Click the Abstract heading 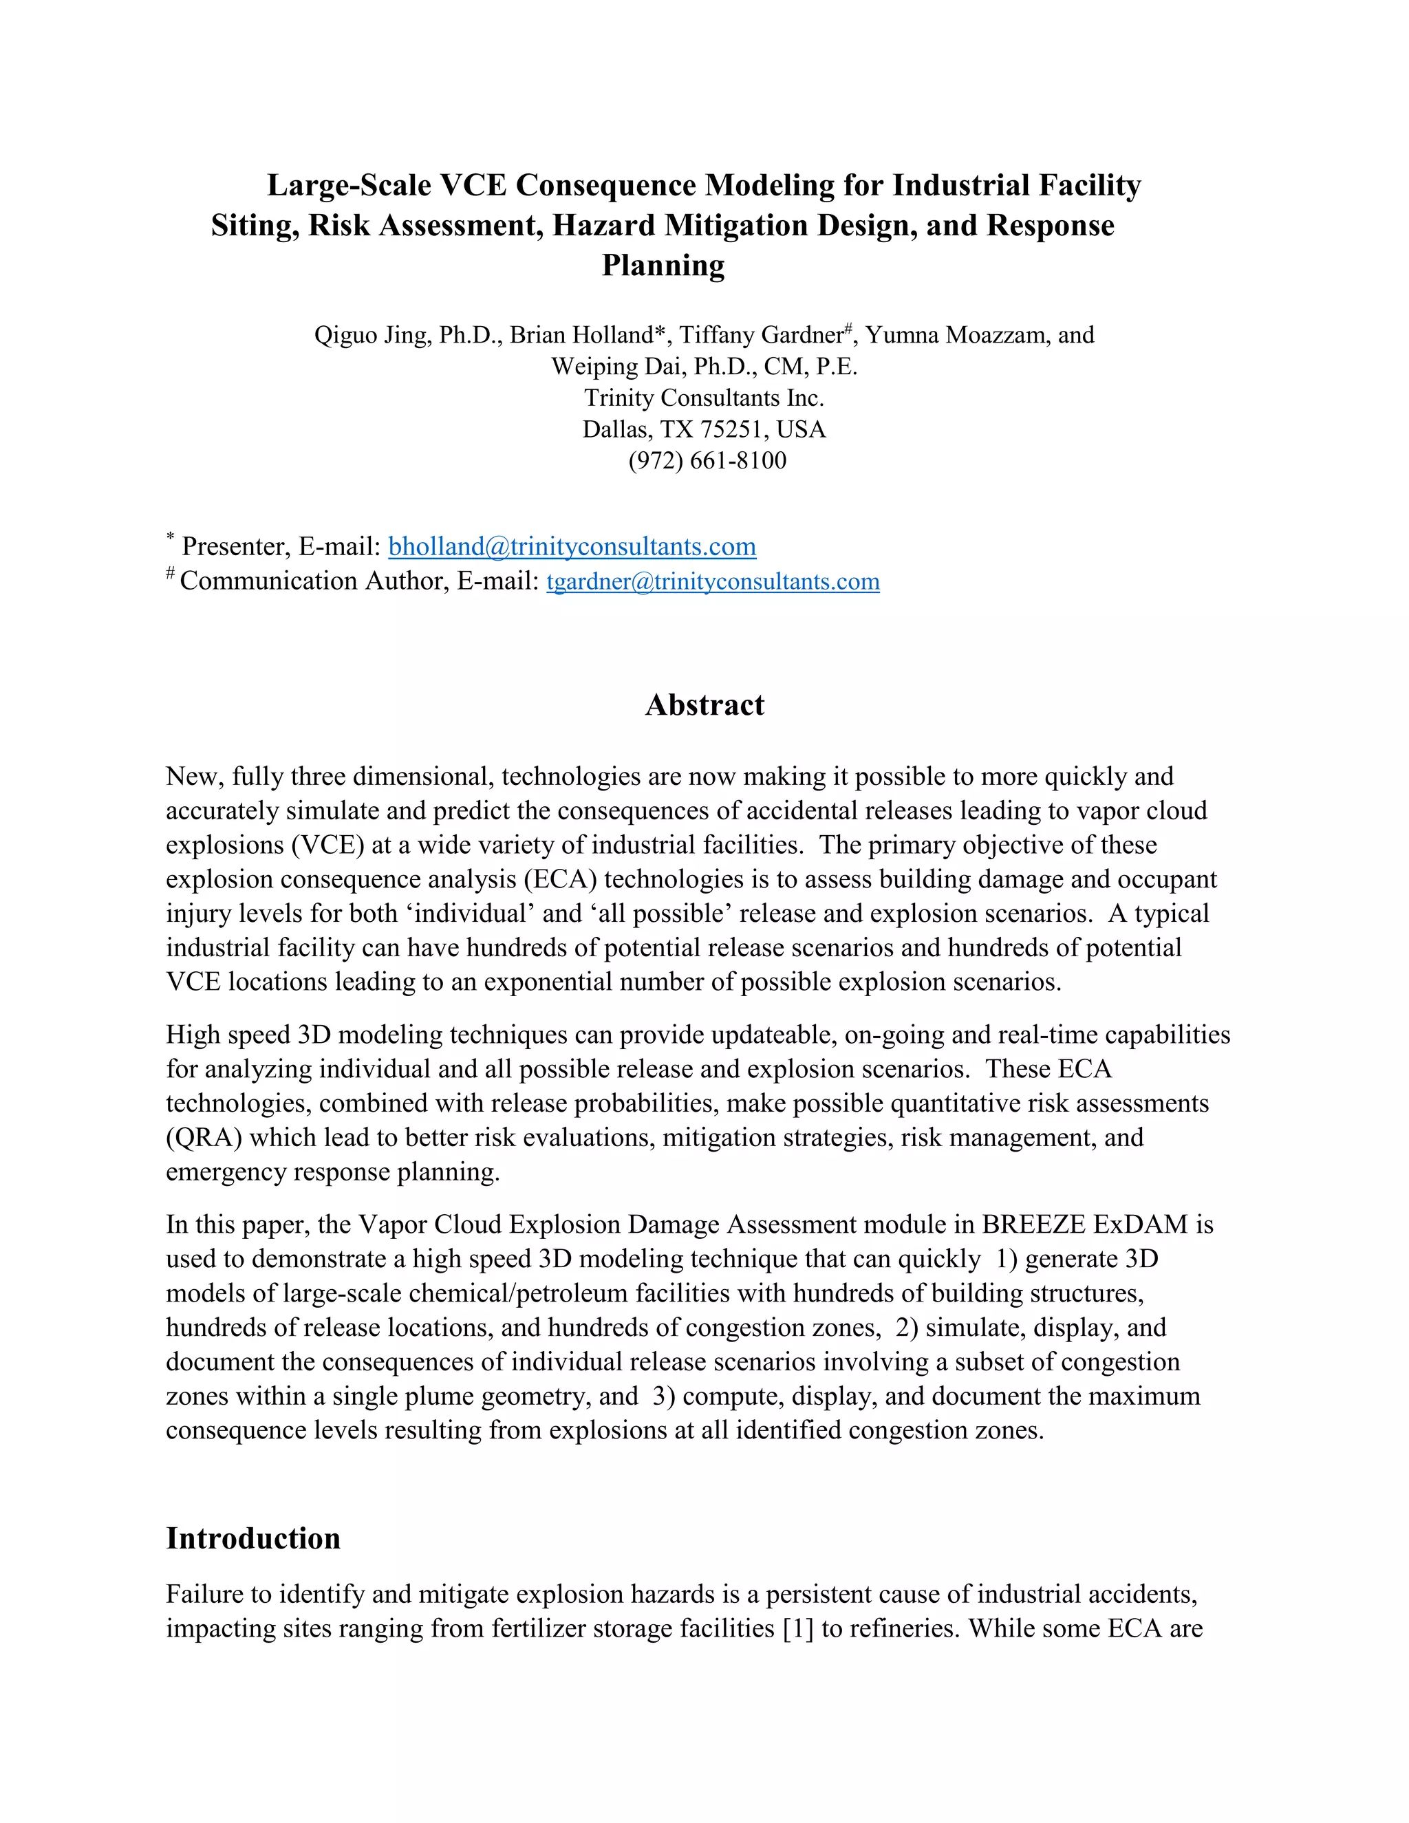coord(704,705)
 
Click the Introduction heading coord(253,1538)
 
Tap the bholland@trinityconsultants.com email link coord(572,547)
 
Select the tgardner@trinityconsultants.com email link coord(712,582)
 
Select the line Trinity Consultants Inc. coord(704,398)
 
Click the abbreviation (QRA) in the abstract coord(204,1138)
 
